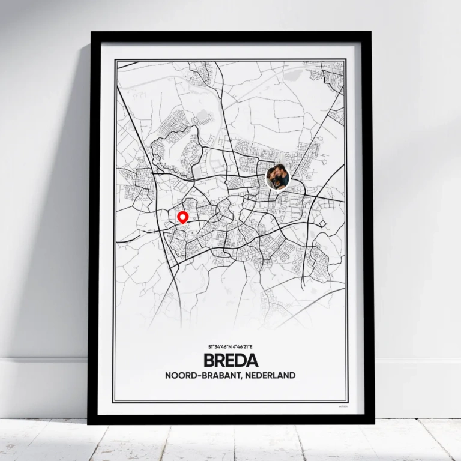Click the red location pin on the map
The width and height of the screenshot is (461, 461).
point(183,217)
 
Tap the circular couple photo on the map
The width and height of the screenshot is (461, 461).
point(277,178)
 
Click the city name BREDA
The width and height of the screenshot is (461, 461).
point(231,361)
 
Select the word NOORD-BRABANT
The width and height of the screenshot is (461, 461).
point(200,376)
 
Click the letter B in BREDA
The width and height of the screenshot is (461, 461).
point(209,361)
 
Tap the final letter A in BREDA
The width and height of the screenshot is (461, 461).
point(252,361)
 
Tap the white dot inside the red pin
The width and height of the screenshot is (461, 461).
point(183,215)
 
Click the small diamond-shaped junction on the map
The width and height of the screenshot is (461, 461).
point(323,224)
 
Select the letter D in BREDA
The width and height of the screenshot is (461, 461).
point(241,361)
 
